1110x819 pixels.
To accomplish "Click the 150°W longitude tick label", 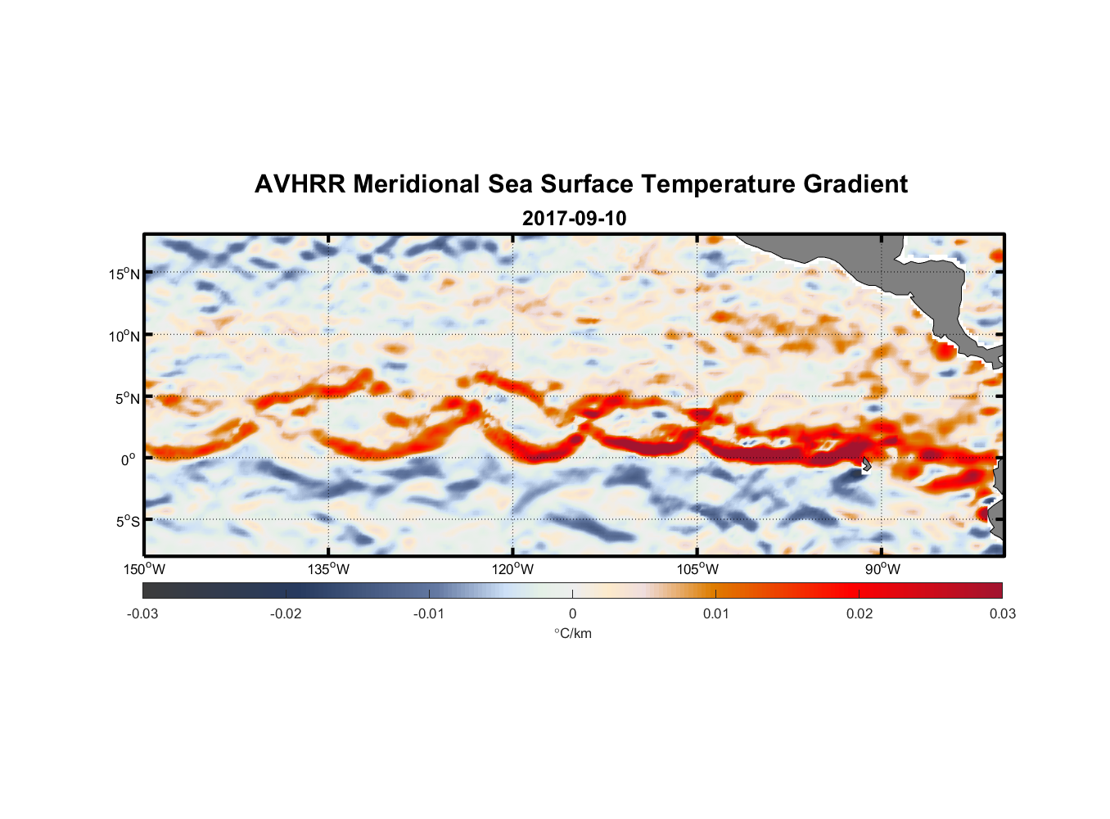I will point(144,569).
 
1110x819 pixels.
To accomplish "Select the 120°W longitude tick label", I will point(512,569).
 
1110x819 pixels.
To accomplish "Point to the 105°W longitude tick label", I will point(697,569).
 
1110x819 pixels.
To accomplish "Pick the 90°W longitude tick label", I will point(882,569).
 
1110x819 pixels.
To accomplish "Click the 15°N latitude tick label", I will point(124,274).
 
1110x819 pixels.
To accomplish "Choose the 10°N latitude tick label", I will point(124,336).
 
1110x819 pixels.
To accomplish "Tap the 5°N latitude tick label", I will point(126,398).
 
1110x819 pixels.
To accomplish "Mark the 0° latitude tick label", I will point(129,459).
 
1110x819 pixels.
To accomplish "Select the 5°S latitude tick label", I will point(126,521).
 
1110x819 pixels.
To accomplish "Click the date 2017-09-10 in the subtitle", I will point(574,219).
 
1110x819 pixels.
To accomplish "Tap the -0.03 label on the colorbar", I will point(142,613).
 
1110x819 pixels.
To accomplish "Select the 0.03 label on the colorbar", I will point(1002,613).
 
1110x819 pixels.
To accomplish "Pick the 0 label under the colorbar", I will point(572,613).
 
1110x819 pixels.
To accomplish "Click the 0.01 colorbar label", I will point(715,613).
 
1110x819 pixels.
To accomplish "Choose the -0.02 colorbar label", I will point(286,613).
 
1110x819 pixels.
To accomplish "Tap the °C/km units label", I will point(572,633).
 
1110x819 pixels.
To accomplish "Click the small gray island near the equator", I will point(866,464).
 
